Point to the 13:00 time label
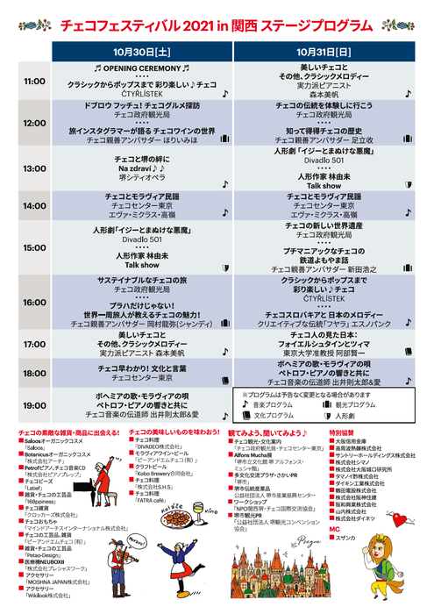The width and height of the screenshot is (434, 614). [x=34, y=168]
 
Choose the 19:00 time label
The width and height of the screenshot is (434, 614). [x=34, y=405]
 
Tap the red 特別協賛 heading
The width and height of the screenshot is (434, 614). [x=341, y=432]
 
